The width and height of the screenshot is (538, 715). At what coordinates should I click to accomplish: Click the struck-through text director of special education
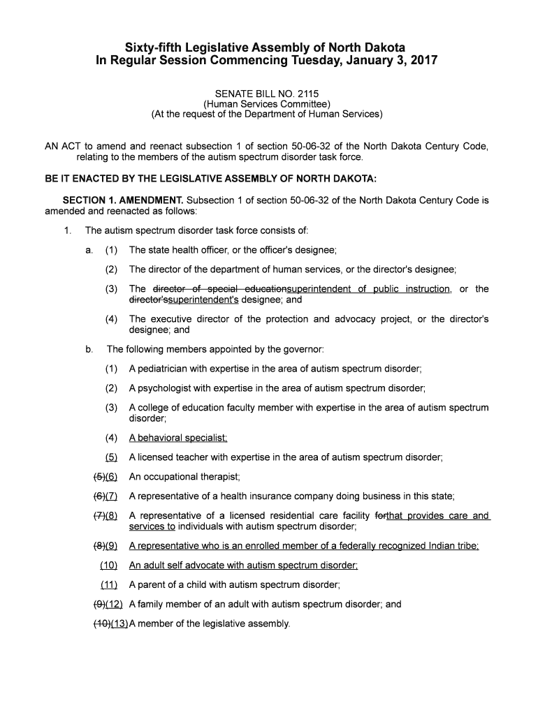(x=219, y=289)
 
